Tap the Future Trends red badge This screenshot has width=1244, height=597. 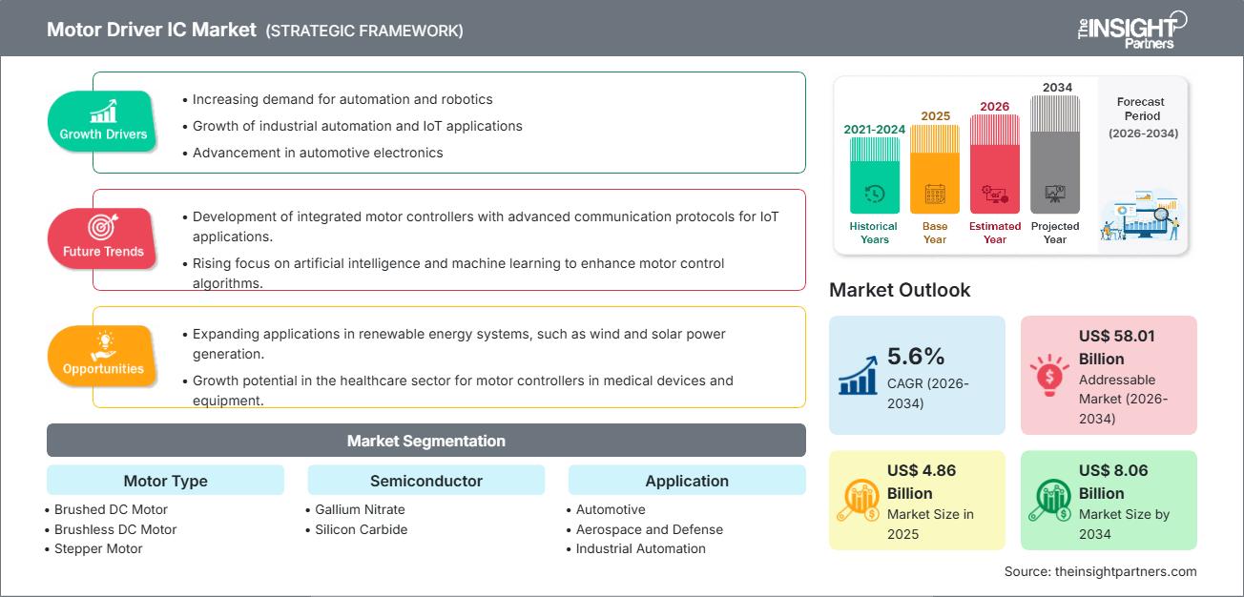click(x=103, y=238)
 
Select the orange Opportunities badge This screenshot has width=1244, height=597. click(x=103, y=357)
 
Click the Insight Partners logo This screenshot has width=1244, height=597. click(x=1131, y=30)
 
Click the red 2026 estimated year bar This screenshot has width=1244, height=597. click(x=995, y=164)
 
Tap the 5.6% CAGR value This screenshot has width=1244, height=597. click(x=915, y=357)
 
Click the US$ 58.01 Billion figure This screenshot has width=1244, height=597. click(x=1114, y=347)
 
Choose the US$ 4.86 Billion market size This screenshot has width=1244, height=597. click(x=922, y=482)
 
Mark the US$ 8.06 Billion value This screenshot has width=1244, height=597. click(x=1114, y=482)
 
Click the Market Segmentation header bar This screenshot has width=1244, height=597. click(x=425, y=441)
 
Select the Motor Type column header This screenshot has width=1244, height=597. click(x=165, y=481)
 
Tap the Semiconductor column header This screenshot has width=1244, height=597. click(x=425, y=481)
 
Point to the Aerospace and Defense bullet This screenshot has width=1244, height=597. click(x=649, y=529)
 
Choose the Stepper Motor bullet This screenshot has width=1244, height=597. click(x=98, y=548)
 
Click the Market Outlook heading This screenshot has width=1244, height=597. click(x=900, y=290)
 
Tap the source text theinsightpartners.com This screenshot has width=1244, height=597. click(x=1100, y=571)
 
